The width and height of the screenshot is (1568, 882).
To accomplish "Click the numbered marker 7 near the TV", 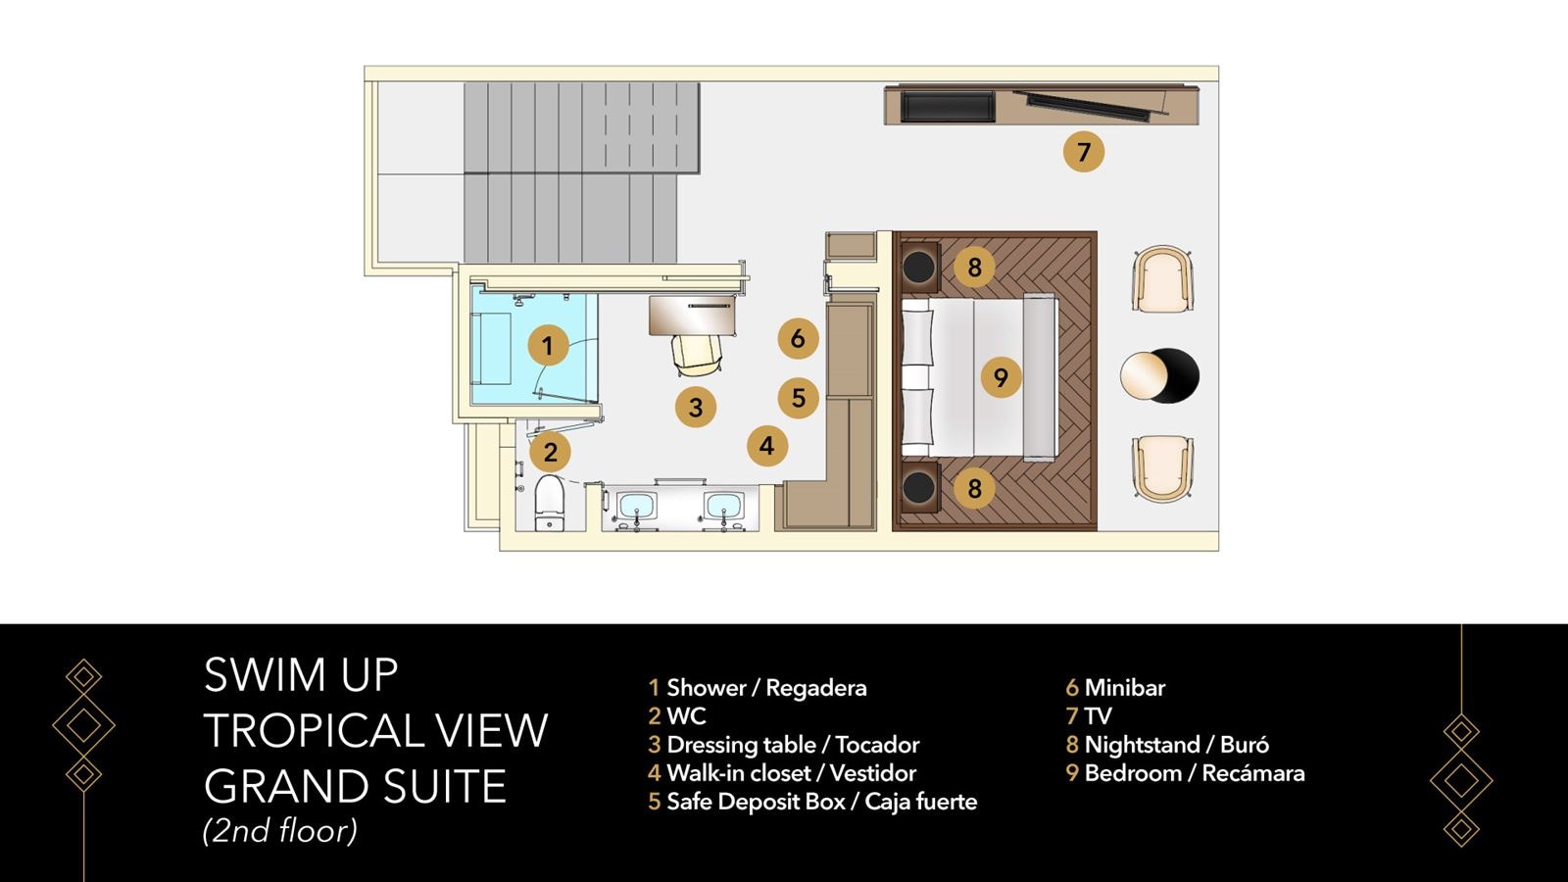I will [x=1083, y=152].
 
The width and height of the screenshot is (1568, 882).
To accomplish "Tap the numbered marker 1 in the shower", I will [x=548, y=345].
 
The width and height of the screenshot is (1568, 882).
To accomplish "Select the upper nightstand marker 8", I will [x=974, y=267].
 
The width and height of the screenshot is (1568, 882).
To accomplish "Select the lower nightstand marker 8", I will [x=974, y=488].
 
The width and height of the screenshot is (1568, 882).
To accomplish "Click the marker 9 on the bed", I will [x=1000, y=377].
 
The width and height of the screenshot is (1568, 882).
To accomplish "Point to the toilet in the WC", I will [x=550, y=502].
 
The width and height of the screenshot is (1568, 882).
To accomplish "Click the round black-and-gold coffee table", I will [x=1159, y=375].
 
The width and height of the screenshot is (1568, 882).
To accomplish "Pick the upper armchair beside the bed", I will [x=1162, y=279].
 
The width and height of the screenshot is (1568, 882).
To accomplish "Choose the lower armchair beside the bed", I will [x=1162, y=468].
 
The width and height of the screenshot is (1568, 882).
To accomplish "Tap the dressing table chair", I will [x=698, y=354].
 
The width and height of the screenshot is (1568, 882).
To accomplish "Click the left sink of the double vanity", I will [x=637, y=508].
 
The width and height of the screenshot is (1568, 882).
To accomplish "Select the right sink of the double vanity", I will [x=723, y=508].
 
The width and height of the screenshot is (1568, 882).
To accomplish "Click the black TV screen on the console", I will [x=947, y=106].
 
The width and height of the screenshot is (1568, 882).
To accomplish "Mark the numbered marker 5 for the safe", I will [x=798, y=398].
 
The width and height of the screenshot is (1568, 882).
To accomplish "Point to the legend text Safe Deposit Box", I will [x=756, y=802].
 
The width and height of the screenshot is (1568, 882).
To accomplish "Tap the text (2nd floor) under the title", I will [x=280, y=831].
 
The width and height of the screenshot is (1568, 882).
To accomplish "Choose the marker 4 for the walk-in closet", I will [x=766, y=446].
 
